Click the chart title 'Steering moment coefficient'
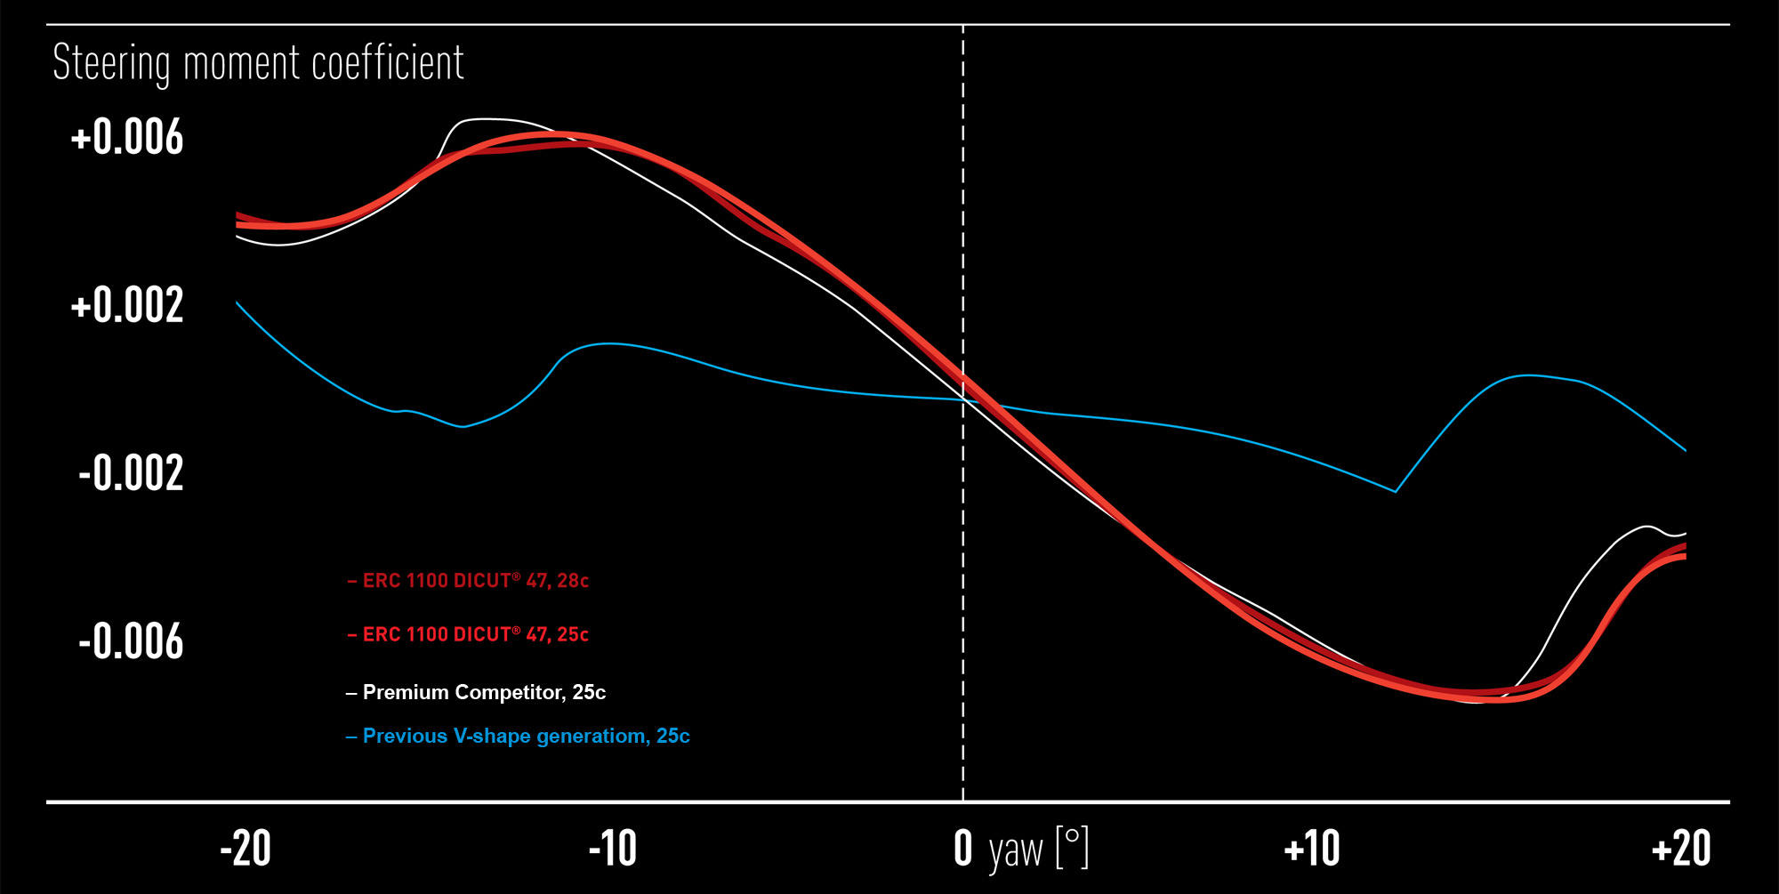(x=258, y=63)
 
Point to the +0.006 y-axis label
(x=127, y=138)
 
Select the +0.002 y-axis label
(x=127, y=305)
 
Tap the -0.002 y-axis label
(x=131, y=472)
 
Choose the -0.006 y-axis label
(x=131, y=641)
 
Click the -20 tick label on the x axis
(x=246, y=849)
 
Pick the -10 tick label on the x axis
(x=613, y=849)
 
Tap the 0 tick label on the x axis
(x=963, y=849)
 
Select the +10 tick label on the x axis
(x=1312, y=849)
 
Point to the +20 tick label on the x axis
(x=1681, y=849)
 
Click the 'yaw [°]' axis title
(x=1039, y=850)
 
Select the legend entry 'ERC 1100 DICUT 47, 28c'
(x=468, y=581)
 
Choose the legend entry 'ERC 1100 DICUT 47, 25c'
(x=468, y=634)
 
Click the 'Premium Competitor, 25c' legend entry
(x=476, y=692)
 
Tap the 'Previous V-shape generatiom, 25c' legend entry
(x=518, y=737)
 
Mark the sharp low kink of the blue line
(x=1395, y=491)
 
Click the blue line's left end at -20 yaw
(x=237, y=302)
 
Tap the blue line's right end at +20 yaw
(x=1686, y=451)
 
